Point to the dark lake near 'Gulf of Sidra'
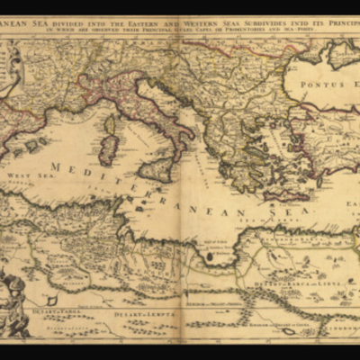pos(210,256)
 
